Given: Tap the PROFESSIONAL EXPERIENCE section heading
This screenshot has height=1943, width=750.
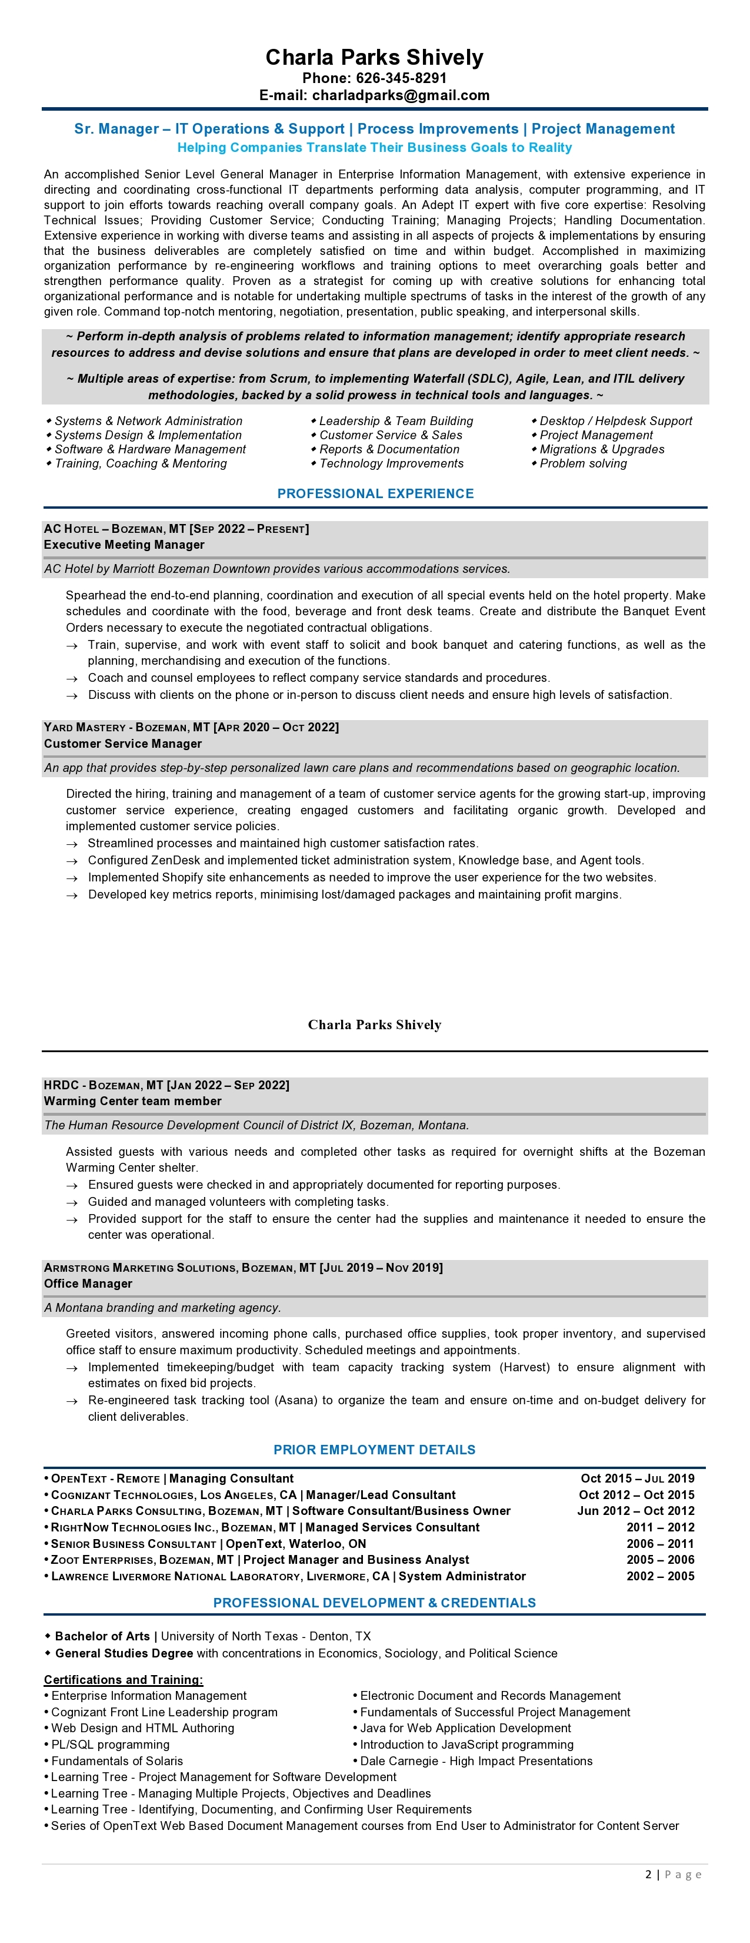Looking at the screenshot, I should pyautogui.click(x=375, y=493).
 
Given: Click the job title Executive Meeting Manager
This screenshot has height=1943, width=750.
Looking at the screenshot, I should pyautogui.click(x=124, y=545).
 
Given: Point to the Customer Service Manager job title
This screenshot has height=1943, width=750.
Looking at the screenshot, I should pyautogui.click(x=123, y=744).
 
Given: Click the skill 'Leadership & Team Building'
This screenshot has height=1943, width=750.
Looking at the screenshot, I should pyautogui.click(x=396, y=421).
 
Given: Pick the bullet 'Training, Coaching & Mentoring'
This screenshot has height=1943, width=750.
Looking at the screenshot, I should pyautogui.click(x=140, y=464).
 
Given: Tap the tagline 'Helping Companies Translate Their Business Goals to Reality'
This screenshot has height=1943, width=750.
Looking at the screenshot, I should pyautogui.click(x=375, y=148).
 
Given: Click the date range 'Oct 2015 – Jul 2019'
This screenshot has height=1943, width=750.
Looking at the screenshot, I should pyautogui.click(x=637, y=1478).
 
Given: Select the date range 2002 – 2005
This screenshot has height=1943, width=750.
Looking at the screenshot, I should pyautogui.click(x=661, y=1576).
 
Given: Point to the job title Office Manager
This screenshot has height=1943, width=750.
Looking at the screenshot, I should pyautogui.click(x=88, y=1284).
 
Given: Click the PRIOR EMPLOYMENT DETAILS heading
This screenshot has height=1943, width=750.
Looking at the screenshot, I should pyautogui.click(x=375, y=1450).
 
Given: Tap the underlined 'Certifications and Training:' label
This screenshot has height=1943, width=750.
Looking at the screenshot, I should pyautogui.click(x=124, y=1679).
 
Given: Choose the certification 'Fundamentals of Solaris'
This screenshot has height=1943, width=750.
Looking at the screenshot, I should pyautogui.click(x=117, y=1760).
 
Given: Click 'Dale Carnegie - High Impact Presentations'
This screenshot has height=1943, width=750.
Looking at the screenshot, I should pyautogui.click(x=476, y=1760).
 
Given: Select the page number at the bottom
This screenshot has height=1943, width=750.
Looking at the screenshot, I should pyautogui.click(x=648, y=1874).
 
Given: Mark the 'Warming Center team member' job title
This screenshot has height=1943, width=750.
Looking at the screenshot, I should pyautogui.click(x=133, y=1101).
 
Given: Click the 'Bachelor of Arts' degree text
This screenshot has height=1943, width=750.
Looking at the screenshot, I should pyautogui.click(x=102, y=1636).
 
